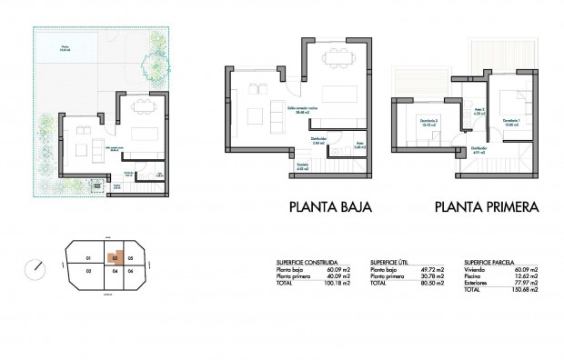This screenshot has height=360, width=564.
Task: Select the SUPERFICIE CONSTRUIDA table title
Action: [313, 259]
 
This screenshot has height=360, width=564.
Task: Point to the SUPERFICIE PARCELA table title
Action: [491, 259]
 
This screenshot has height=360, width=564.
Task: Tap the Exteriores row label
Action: [477, 282]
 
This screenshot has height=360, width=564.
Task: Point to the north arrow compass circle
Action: [36, 268]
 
